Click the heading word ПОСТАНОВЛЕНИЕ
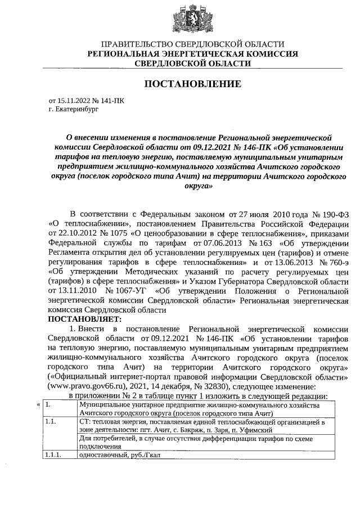(x=193, y=84)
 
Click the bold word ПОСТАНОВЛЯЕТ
(x=85, y=319)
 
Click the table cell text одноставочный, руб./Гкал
(x=120, y=456)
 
